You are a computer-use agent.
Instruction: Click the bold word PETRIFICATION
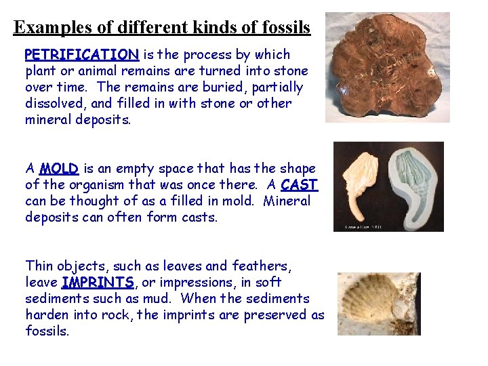(81, 54)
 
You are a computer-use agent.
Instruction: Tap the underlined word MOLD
(60, 168)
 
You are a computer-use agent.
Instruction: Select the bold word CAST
(299, 184)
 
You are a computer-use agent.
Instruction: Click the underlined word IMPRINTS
(98, 282)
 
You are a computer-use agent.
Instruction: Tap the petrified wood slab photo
(387, 67)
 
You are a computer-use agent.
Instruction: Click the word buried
(220, 87)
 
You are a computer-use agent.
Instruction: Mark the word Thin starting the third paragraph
(39, 266)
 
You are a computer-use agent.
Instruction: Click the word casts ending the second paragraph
(200, 217)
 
